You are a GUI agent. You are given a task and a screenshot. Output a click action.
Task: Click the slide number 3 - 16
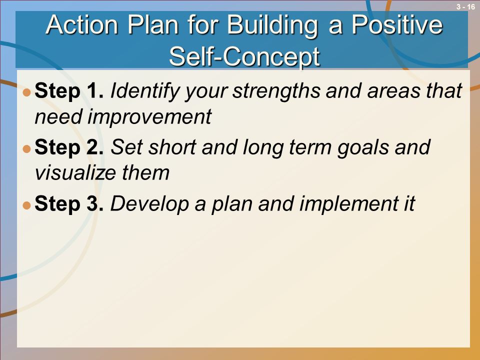(x=465, y=6)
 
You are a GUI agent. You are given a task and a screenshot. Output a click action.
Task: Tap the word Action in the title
(x=82, y=24)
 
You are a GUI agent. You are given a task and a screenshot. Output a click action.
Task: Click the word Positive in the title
(x=397, y=24)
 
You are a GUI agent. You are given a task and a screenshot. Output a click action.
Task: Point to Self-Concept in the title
(x=244, y=57)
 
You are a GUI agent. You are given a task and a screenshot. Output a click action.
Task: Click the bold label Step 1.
(x=69, y=91)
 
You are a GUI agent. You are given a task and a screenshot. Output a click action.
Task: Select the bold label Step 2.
(x=69, y=147)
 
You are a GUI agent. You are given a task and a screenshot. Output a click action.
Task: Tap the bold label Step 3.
(x=69, y=204)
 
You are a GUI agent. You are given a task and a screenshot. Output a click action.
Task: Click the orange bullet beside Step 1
(x=27, y=92)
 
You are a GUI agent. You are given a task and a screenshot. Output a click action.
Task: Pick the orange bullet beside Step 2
(x=27, y=149)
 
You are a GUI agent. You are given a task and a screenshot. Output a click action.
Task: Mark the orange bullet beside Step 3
(x=27, y=205)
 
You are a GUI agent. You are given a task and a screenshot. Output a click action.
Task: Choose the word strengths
(x=276, y=91)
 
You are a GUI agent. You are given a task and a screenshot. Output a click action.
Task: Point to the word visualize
(x=75, y=173)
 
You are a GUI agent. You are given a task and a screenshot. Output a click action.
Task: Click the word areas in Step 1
(x=389, y=91)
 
